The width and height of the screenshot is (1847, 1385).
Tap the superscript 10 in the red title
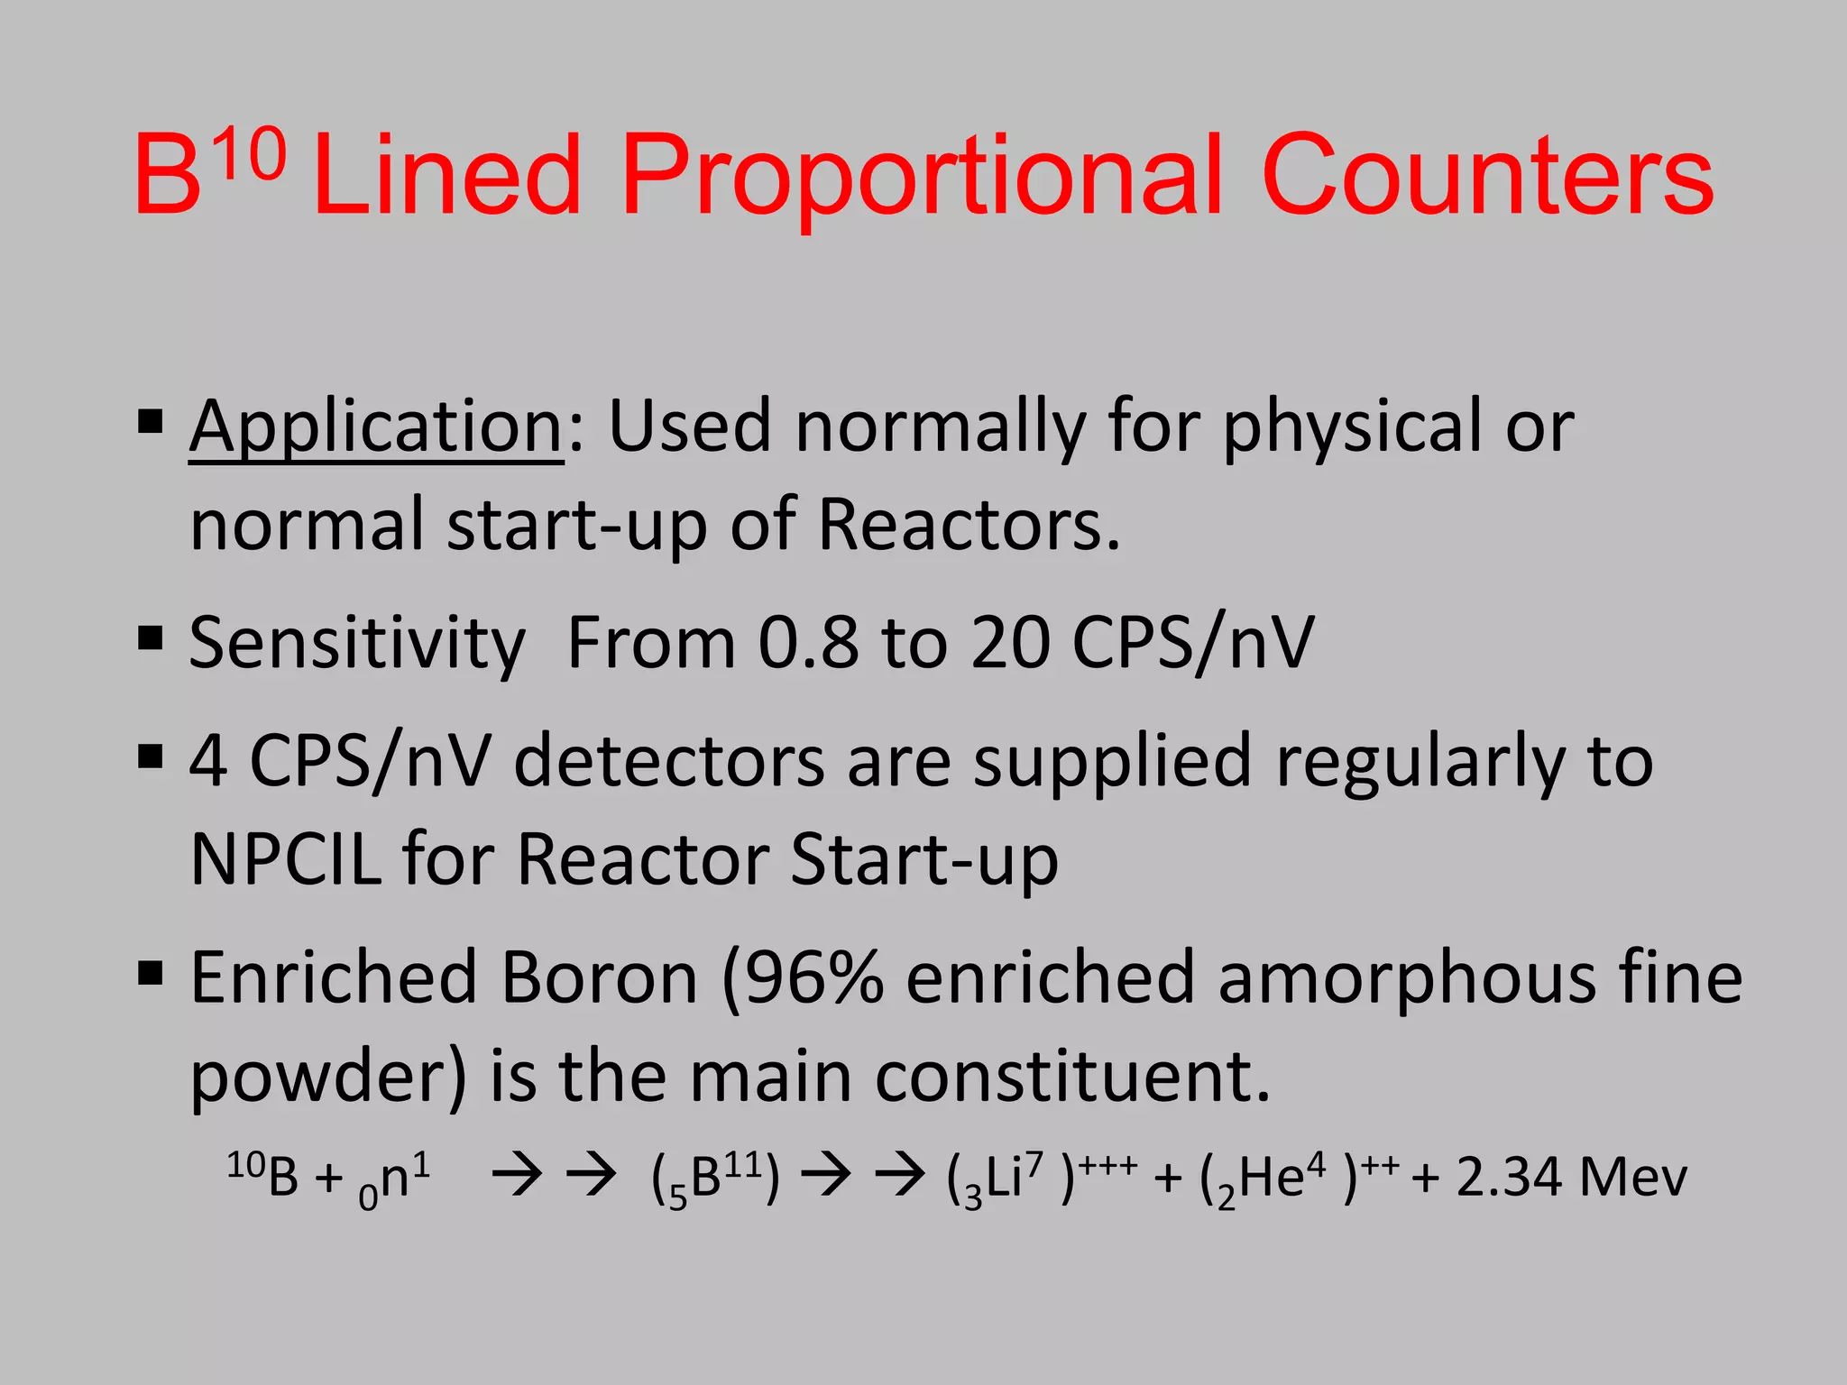tap(250, 156)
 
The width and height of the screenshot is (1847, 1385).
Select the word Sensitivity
tap(357, 645)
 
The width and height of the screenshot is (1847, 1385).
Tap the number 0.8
tap(808, 643)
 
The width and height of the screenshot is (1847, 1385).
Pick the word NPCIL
tap(287, 859)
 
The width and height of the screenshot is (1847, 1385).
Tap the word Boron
tap(599, 977)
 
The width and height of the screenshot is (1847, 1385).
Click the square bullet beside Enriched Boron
tap(151, 974)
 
